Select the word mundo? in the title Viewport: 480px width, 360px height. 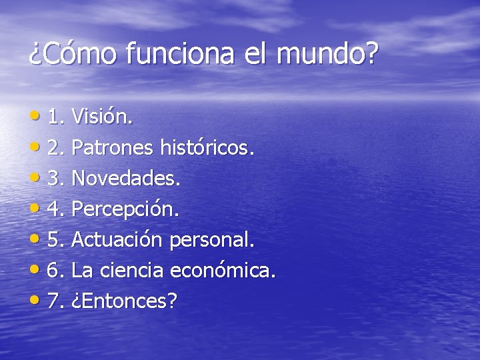coord(326,53)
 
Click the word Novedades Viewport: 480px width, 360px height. coord(126,179)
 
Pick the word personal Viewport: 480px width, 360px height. coord(212,240)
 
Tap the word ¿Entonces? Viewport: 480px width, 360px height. coord(124,301)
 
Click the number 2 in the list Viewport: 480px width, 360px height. coord(55,148)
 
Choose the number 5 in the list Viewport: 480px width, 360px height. coord(55,240)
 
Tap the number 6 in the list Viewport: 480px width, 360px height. coord(55,271)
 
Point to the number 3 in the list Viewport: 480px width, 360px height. coord(55,179)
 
